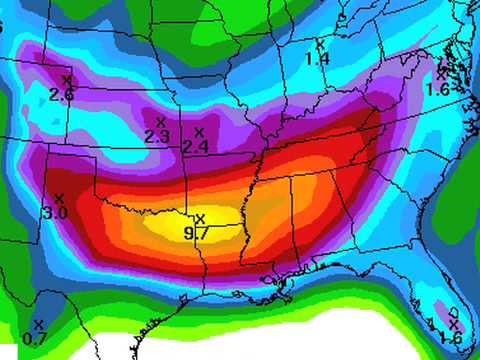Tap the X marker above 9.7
tap(199, 218)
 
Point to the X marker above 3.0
tap(58, 198)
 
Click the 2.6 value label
tap(61, 94)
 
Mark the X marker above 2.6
tap(67, 79)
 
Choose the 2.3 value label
tap(156, 136)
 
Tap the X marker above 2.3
tap(160, 122)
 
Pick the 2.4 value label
tap(194, 146)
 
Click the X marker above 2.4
tap(198, 132)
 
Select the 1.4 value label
tap(317, 59)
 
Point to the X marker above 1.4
tap(320, 43)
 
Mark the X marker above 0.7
tap(38, 324)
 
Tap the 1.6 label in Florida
tap(450, 338)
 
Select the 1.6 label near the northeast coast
tap(438, 88)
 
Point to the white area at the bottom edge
tap(300, 345)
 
